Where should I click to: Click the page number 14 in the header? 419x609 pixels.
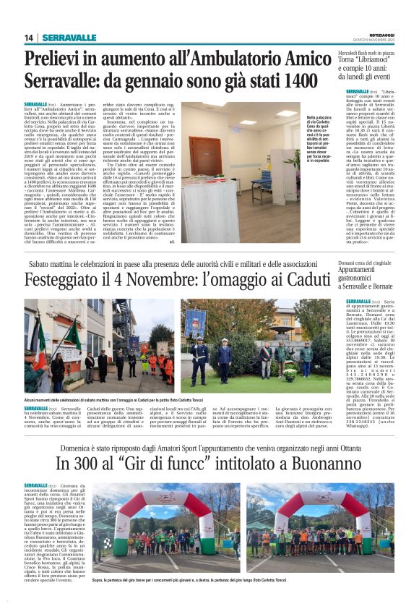[29, 38]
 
